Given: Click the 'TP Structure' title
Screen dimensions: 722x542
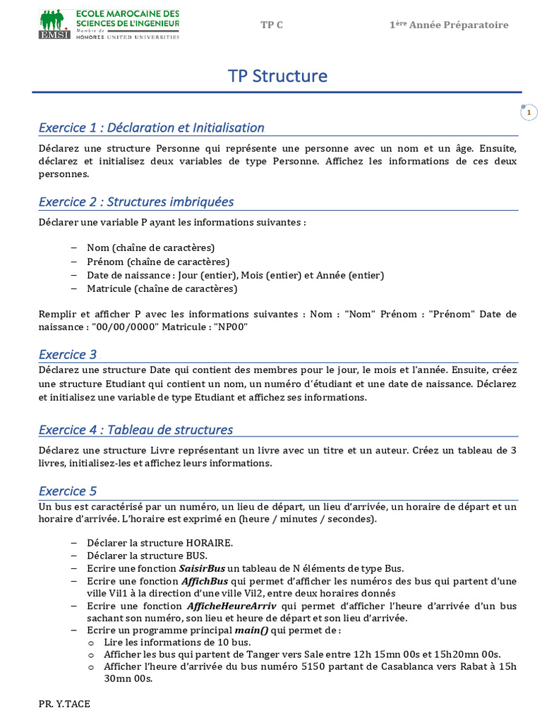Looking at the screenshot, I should click(x=277, y=75).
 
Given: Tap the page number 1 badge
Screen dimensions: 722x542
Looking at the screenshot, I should click(x=529, y=113).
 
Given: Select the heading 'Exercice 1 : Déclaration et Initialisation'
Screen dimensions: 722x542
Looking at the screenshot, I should click(x=151, y=128).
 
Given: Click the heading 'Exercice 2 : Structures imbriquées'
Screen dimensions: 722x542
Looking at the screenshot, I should click(x=136, y=202).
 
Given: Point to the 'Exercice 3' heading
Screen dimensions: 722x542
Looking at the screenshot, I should click(x=68, y=355).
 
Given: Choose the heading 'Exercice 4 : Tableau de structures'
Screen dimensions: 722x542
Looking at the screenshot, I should click(x=135, y=429).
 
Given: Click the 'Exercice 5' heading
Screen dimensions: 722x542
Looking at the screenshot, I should click(x=68, y=491).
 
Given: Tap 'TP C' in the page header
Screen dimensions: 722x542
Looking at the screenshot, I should click(x=272, y=25).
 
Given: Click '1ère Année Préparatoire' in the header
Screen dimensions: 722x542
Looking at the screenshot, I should click(x=449, y=25).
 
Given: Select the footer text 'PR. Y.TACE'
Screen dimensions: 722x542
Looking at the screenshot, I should click(x=64, y=704).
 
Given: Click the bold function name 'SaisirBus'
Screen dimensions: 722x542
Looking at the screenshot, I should click(x=203, y=568).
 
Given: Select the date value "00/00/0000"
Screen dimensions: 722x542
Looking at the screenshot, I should click(x=117, y=327).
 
